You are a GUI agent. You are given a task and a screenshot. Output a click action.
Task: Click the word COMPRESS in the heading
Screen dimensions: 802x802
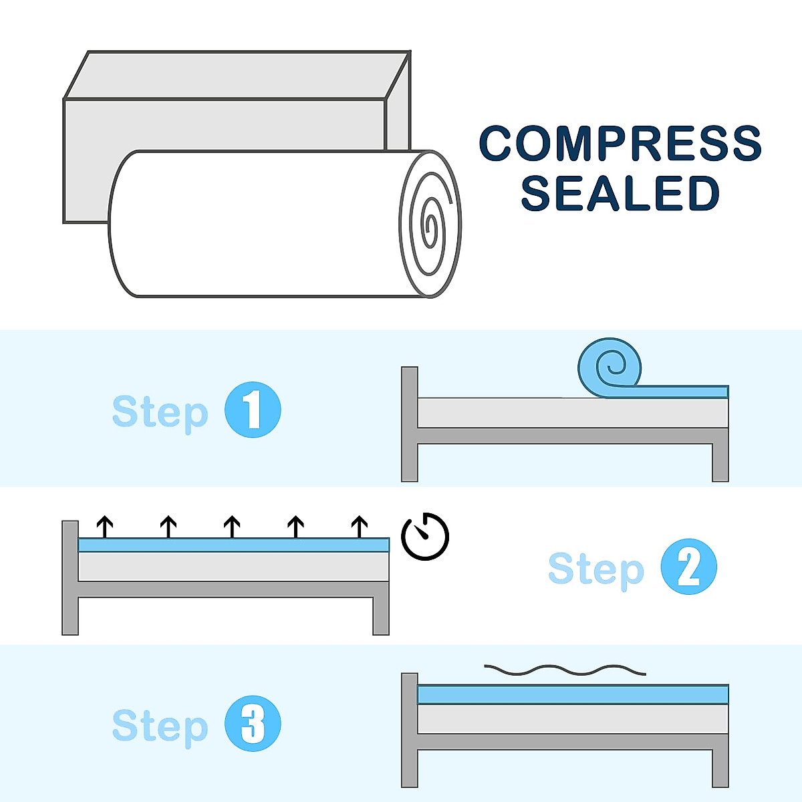(x=620, y=143)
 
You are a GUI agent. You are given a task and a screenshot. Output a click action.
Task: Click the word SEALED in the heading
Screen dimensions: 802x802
(x=620, y=193)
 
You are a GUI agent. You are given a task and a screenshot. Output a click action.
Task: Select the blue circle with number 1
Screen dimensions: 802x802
(x=253, y=410)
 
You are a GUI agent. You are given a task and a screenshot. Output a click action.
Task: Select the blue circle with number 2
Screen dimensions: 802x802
(x=688, y=567)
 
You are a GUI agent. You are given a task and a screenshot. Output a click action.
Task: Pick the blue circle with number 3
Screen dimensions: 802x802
(x=253, y=724)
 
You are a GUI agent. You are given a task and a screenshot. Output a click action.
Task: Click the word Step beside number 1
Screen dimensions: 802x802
(x=160, y=412)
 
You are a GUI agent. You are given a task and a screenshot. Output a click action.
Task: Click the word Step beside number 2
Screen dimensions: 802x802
(x=595, y=569)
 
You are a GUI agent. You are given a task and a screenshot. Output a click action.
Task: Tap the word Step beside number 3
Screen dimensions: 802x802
(x=160, y=726)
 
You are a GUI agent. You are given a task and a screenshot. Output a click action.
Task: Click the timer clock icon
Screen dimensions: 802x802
(x=425, y=537)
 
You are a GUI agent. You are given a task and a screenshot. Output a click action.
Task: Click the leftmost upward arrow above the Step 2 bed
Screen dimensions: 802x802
(x=104, y=527)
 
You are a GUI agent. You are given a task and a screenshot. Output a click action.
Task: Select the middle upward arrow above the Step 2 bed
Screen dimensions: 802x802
(x=232, y=527)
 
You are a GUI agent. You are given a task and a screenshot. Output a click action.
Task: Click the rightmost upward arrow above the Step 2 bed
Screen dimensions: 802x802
(x=360, y=527)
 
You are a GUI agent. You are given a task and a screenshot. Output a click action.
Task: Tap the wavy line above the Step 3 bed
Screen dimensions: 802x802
(x=565, y=670)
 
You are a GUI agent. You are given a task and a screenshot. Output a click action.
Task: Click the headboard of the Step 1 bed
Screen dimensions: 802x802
(x=409, y=424)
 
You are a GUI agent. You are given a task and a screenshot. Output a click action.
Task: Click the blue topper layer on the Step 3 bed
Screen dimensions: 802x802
(x=572, y=694)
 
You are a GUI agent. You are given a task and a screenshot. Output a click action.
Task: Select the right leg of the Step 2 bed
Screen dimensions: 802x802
(x=381, y=615)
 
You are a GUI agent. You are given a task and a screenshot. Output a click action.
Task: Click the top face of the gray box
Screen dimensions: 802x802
(x=237, y=75)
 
